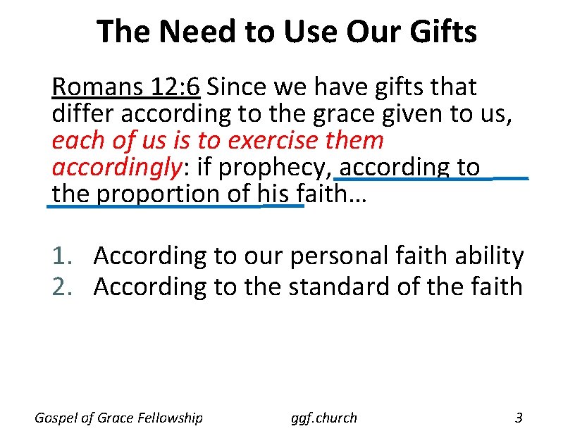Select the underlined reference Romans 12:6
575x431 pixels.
pyautogui.click(x=126, y=87)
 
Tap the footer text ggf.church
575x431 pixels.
pyautogui.click(x=324, y=418)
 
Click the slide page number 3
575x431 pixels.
pyautogui.click(x=519, y=418)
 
